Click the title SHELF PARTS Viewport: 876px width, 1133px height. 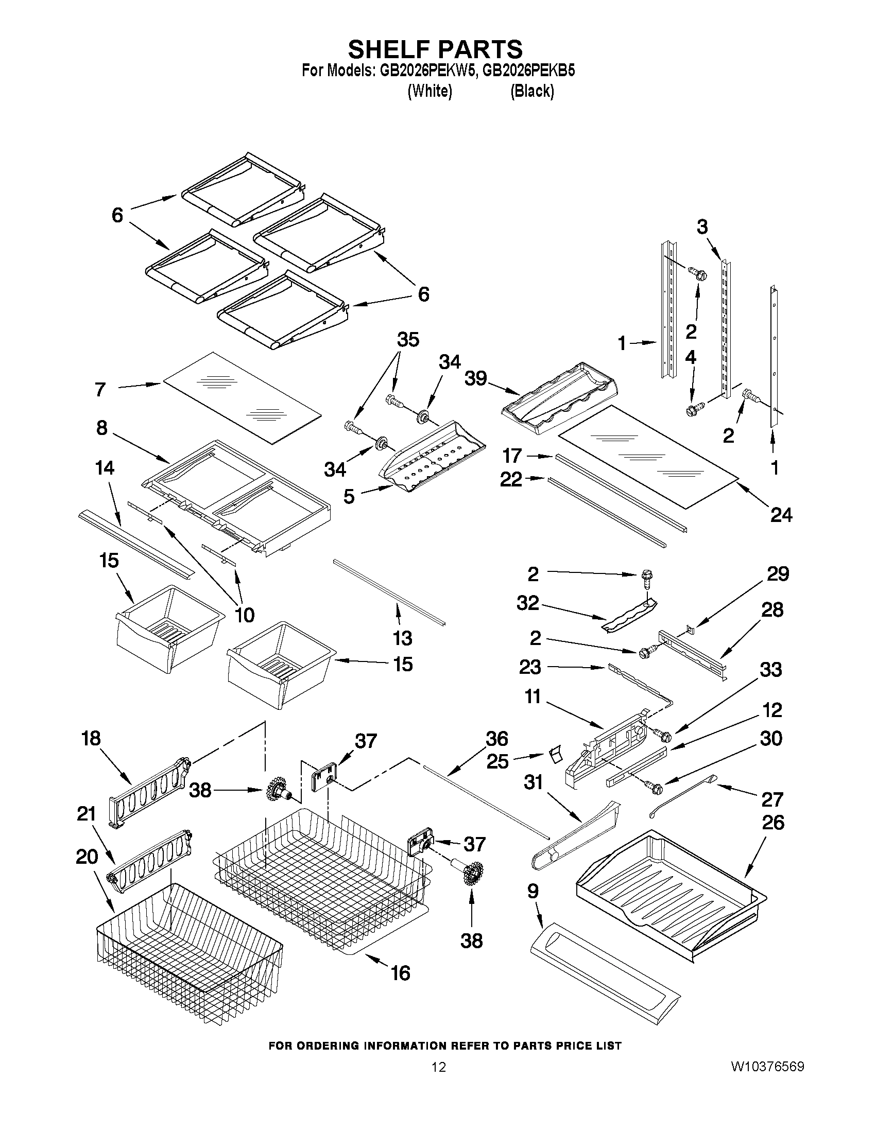435,49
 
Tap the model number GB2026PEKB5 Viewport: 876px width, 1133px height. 528,71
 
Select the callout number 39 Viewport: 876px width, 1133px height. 475,378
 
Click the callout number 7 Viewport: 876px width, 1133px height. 100,389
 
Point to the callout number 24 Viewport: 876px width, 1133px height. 781,515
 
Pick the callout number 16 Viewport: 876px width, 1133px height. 401,973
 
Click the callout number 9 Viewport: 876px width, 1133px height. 533,891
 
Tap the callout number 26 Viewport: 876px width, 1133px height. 772,822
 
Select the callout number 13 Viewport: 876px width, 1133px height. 402,638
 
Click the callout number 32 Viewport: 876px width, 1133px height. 528,603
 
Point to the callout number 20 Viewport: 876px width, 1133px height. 87,857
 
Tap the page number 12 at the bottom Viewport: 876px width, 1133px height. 439,1081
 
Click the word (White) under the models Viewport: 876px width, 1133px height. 430,91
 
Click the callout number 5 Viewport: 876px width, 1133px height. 349,496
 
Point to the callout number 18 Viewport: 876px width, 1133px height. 91,738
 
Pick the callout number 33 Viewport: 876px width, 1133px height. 770,670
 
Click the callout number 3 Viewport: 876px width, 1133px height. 701,226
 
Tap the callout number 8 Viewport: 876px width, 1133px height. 102,427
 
